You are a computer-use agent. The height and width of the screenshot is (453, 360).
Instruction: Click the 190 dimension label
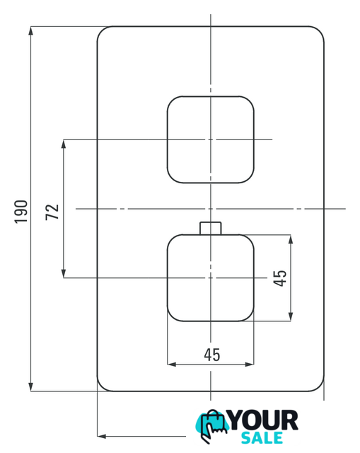(21, 212)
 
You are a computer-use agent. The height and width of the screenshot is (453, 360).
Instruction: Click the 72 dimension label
(52, 212)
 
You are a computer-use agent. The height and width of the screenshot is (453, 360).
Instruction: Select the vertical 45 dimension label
(280, 278)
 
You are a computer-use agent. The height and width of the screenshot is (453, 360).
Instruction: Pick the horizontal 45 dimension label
(212, 355)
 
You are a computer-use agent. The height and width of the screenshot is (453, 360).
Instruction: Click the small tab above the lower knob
(211, 228)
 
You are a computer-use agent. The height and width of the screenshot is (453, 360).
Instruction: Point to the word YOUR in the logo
(264, 420)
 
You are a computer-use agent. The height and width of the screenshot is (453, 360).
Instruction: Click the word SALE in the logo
(262, 438)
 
